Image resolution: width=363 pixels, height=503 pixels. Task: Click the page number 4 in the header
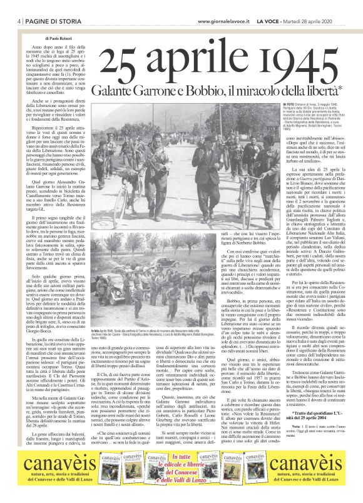point(13,21)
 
